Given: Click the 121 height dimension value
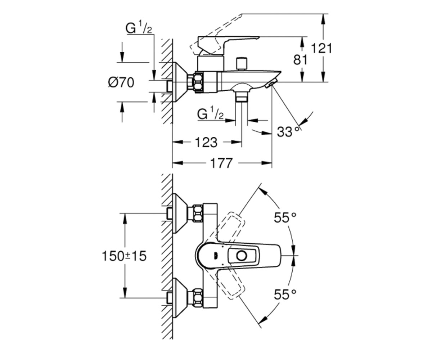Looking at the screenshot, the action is tap(321, 49).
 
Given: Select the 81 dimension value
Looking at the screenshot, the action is tap(300, 60).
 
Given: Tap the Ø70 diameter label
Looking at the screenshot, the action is tap(121, 83).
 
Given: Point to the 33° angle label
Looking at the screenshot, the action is tap(288, 132).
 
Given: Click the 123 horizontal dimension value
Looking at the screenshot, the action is tap(206, 142).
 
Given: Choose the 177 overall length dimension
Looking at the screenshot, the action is tap(221, 163).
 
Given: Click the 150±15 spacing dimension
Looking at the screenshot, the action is tap(124, 256).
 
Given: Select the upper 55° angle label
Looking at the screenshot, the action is tap(285, 217).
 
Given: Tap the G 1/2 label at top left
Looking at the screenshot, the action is tap(139, 28).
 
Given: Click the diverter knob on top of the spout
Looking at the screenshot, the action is tap(242, 64).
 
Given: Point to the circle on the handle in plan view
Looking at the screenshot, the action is tap(242, 256).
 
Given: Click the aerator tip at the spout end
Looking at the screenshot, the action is tap(271, 84).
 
